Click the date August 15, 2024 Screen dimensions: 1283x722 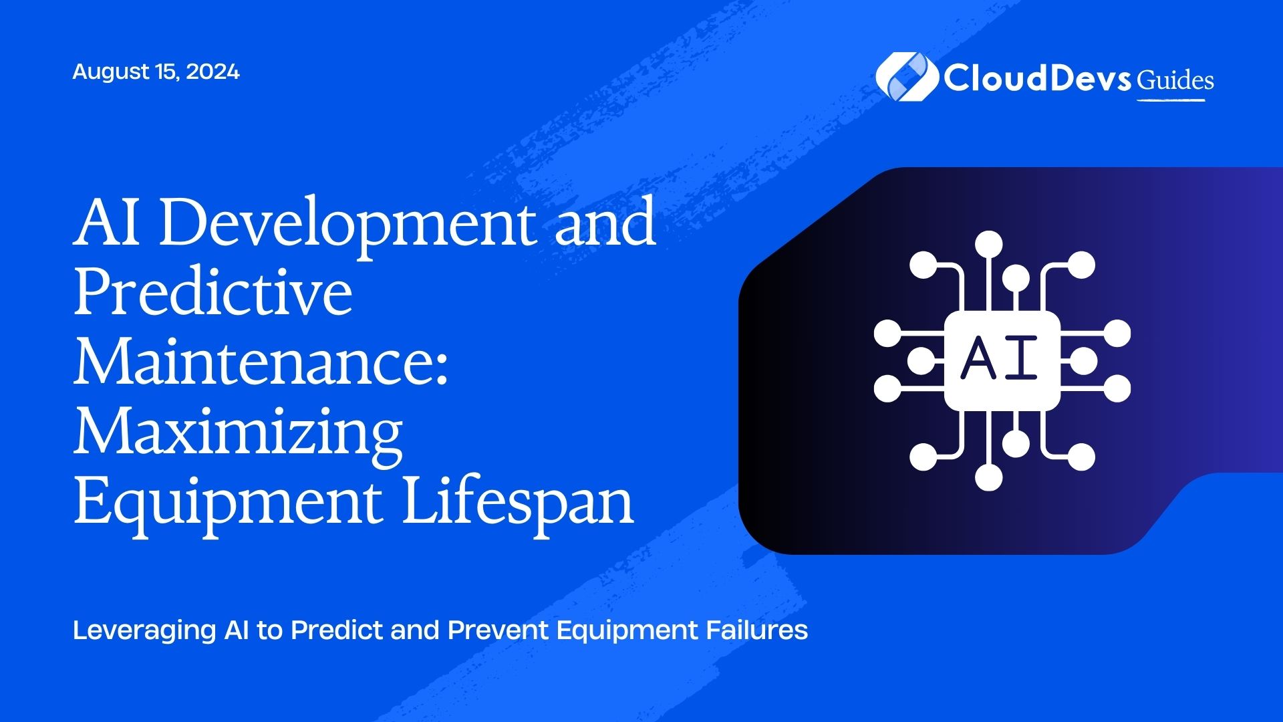[x=156, y=72]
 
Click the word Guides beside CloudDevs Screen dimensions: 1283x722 [x=1175, y=81]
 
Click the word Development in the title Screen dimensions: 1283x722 [x=347, y=223]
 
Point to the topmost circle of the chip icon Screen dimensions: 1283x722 [x=988, y=244]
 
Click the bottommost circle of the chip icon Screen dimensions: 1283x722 [x=988, y=477]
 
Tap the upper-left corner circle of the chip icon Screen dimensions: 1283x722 [x=923, y=265]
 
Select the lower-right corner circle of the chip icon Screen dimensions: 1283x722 [x=1081, y=457]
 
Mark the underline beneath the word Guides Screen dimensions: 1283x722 [x=1171, y=100]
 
